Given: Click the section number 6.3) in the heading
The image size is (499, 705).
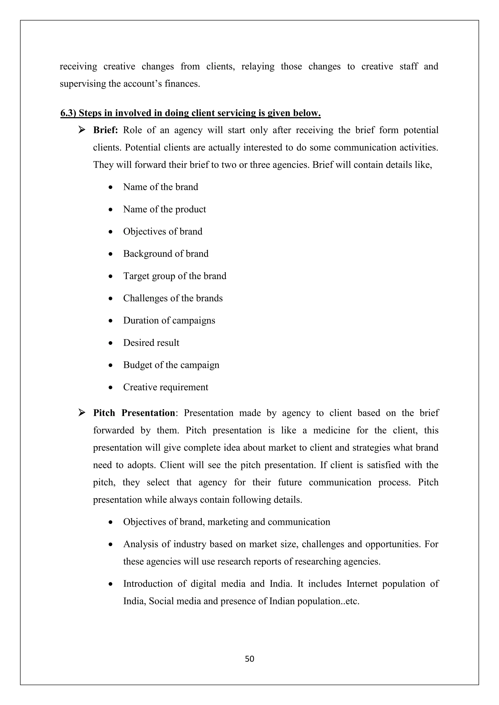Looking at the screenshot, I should tap(68, 113).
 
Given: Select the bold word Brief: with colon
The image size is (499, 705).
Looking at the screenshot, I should tap(106, 130).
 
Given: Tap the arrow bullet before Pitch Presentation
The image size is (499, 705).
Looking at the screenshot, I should tap(82, 413).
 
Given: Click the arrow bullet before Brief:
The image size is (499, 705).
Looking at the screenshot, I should tap(82, 130).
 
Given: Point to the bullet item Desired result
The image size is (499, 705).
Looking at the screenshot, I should tap(151, 343).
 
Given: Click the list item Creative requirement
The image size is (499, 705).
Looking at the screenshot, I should tap(166, 387).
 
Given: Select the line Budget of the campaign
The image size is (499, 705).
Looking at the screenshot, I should tap(171, 365).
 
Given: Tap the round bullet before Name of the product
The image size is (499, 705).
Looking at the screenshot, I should tap(111, 210).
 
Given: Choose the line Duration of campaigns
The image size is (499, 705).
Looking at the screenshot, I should tap(169, 321).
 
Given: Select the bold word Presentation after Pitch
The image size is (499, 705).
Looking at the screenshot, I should tap(148, 413).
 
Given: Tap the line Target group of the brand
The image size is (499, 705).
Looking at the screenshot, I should tap(174, 276).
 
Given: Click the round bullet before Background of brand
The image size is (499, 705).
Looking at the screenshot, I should tap(111, 254).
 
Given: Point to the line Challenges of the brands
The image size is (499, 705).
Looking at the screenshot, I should tap(173, 298).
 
